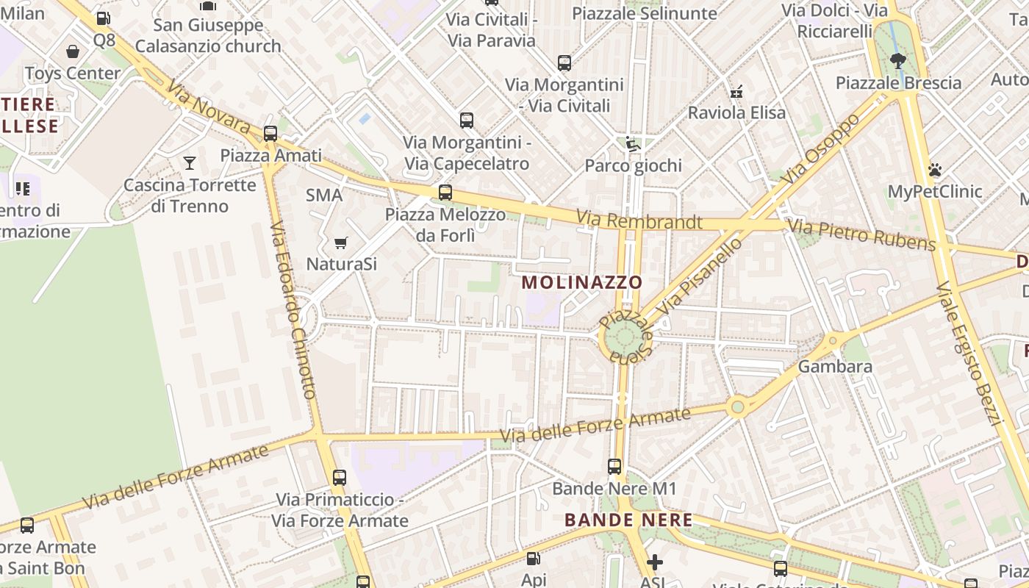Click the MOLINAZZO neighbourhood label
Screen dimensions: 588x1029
pos(582,282)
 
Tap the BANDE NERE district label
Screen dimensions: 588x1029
pos(628,520)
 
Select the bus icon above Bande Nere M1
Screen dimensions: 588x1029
pos(614,466)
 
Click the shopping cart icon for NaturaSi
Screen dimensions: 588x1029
pos(340,243)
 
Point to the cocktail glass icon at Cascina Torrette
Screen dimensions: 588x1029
pos(190,162)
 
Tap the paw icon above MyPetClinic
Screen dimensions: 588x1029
pos(935,170)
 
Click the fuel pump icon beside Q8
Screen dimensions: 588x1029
pos(104,19)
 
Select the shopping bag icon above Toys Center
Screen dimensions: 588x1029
pos(73,51)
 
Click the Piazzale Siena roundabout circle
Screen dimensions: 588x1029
pos(623,339)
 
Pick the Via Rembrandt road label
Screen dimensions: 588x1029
pos(639,220)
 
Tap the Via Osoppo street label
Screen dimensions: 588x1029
pos(820,150)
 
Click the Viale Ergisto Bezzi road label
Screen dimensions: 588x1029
pos(969,353)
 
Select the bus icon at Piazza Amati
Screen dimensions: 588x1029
pos(270,134)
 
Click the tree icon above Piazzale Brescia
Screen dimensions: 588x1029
pos(897,60)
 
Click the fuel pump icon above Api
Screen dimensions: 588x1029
pos(534,559)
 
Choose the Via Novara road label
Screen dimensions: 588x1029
pos(208,107)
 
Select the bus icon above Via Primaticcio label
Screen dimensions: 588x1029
pos(339,478)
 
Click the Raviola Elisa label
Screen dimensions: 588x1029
pos(736,112)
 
